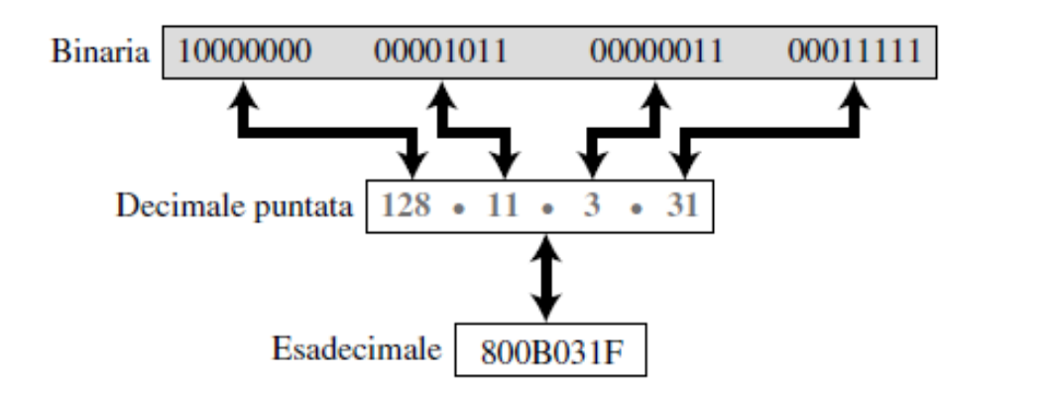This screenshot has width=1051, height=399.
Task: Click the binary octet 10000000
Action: pos(245,52)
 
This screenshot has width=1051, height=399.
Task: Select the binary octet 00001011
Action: pos(440,52)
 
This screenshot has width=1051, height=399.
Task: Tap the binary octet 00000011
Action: pos(656,52)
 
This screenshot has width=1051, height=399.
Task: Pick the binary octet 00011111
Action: pos(854,52)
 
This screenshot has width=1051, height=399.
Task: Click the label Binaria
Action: pos(100,52)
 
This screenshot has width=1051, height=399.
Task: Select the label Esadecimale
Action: pos(357,349)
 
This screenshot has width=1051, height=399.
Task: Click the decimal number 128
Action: pos(406,204)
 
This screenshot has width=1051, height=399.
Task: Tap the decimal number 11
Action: pos(503,204)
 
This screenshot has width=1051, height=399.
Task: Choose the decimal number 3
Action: pos(591,204)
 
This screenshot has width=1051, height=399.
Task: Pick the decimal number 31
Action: pos(682,204)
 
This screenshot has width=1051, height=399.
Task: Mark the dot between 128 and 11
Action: pos(458,209)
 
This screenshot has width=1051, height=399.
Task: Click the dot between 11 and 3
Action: pos(547,209)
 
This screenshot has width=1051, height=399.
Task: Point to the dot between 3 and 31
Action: pos(637,209)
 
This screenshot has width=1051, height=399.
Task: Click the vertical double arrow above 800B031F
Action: pos(547,278)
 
